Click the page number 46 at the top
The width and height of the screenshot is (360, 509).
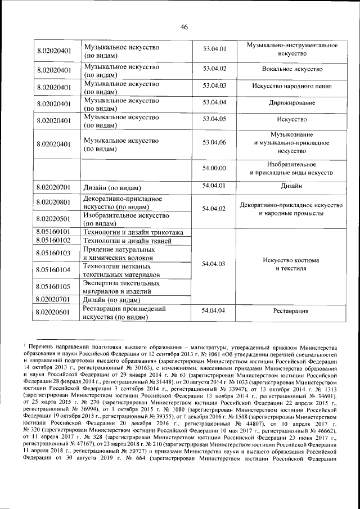183,26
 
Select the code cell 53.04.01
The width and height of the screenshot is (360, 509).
214,49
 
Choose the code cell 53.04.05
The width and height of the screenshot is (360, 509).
214,119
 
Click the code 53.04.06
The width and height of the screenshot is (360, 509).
214,143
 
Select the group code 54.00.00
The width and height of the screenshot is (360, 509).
214,168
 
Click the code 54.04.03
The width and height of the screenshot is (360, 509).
214,264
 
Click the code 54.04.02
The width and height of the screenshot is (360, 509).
214,209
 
